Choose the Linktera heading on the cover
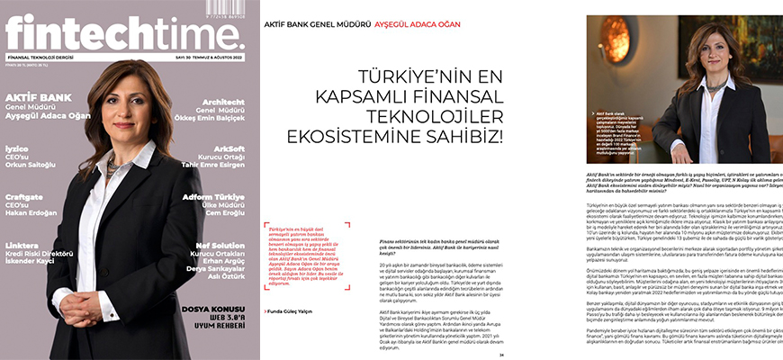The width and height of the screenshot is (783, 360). (x=22, y=244)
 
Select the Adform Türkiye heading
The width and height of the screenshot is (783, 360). (x=213, y=195)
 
